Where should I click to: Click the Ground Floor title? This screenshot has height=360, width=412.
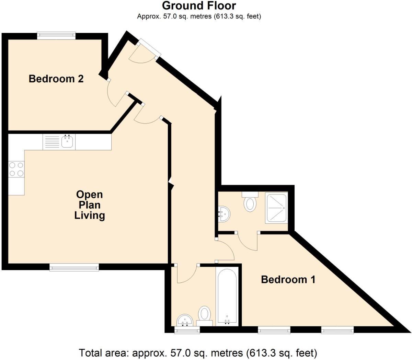click(199, 6)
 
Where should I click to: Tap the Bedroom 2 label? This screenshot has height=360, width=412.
click(56, 79)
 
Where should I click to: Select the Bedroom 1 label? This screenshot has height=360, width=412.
click(288, 279)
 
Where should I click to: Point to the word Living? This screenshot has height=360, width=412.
click(90, 216)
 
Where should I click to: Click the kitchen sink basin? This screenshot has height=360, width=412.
click(67, 142)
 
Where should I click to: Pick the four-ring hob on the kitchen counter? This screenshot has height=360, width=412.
click(16, 169)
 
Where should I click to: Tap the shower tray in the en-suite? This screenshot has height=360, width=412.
click(276, 208)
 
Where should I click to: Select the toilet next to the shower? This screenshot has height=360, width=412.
click(250, 203)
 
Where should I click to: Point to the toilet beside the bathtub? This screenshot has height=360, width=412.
click(205, 314)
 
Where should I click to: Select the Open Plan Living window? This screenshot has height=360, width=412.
click(74, 267)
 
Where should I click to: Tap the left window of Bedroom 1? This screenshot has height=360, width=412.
click(274, 330)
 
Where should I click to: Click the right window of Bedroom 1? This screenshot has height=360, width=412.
click(337, 330)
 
